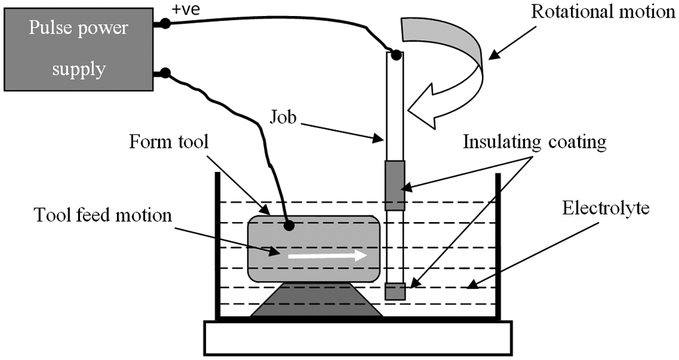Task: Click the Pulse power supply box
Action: click(x=79, y=49)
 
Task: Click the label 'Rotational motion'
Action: click(x=603, y=12)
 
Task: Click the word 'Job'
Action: click(x=283, y=117)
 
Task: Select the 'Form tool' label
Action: click(x=169, y=142)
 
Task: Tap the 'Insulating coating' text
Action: click(x=535, y=142)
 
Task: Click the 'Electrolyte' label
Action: click(x=606, y=208)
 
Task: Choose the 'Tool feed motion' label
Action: click(x=103, y=215)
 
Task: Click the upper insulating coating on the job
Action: click(x=394, y=185)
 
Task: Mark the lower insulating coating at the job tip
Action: click(x=395, y=292)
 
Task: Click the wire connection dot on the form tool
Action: click(x=289, y=226)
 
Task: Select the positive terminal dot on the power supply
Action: click(x=165, y=24)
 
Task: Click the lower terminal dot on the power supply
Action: click(x=165, y=73)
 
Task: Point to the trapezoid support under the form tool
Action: click(x=317, y=300)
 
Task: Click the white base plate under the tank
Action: click(x=358, y=338)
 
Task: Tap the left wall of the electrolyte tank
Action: click(x=218, y=246)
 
